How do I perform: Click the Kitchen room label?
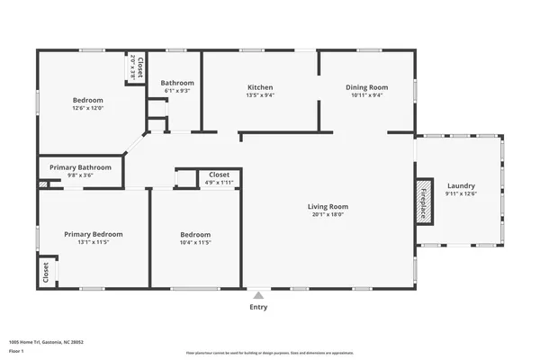tap(260, 87)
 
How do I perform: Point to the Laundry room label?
tap(461, 185)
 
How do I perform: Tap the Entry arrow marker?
tap(259, 294)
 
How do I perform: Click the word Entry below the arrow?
tap(259, 307)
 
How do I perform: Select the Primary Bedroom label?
tap(94, 234)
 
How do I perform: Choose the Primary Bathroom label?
tap(81, 167)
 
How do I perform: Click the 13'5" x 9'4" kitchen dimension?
tap(260, 95)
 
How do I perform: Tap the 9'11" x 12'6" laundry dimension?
tap(461, 193)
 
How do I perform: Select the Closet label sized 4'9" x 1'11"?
tap(220, 175)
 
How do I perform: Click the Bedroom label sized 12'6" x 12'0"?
tap(88, 100)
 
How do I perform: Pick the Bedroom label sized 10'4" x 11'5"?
tap(195, 234)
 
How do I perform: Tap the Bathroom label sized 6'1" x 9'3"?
tap(177, 83)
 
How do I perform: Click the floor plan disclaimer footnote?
tap(270, 353)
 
